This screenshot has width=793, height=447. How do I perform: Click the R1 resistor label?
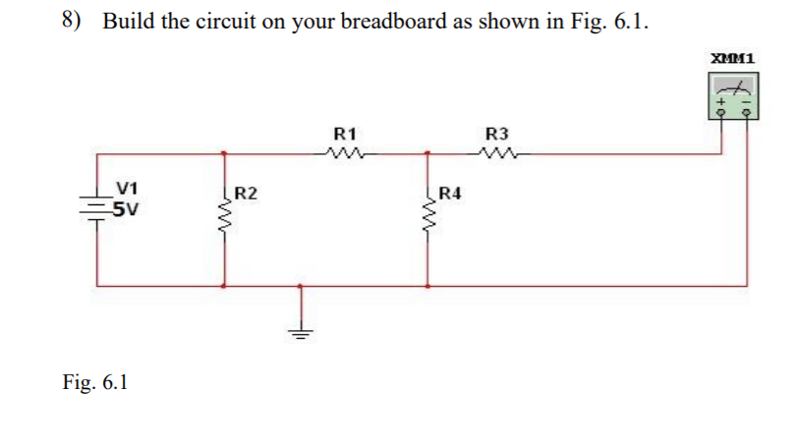345,133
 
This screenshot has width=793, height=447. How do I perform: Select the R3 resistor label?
498,133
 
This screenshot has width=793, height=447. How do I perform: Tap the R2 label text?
247,193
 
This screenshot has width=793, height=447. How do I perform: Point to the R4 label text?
449,193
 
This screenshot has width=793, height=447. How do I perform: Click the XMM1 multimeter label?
732,59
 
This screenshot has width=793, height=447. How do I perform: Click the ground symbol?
301,329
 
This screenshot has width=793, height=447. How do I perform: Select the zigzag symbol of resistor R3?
498,152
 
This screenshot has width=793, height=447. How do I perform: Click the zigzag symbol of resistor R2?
227,211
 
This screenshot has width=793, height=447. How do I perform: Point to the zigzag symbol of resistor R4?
427,211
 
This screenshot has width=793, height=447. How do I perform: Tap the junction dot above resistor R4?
427,153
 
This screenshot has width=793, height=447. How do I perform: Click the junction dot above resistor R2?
226,153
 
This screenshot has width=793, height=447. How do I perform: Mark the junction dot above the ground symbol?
301,286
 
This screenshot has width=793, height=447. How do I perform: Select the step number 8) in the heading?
75,21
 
